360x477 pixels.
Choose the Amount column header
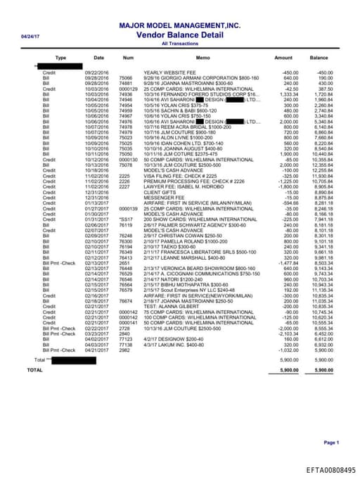click(283, 58)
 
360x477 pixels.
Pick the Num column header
click(128, 58)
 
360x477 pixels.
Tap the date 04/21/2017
click(98, 350)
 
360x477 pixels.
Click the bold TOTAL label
click(34, 369)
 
